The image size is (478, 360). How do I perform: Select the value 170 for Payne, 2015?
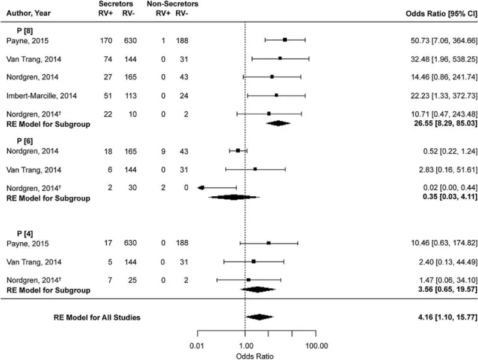tap(108, 40)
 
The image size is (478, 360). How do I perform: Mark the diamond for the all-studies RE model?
tap(259, 318)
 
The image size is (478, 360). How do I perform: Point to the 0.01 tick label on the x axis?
tap(197, 344)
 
